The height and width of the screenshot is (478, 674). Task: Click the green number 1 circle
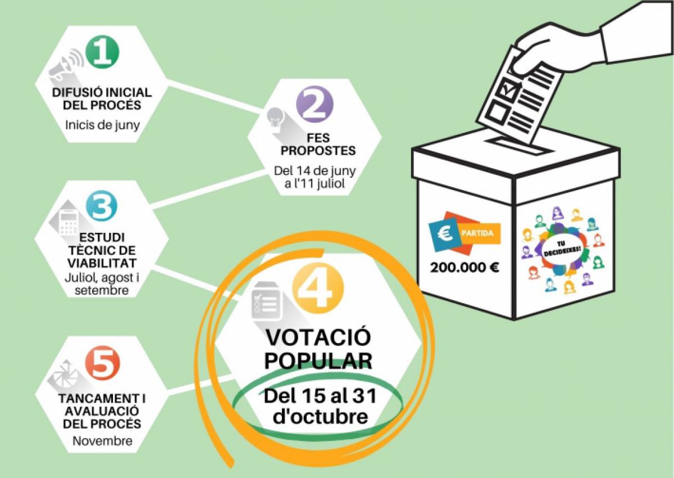click(102, 51)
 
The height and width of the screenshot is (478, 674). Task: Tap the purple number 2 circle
click(315, 104)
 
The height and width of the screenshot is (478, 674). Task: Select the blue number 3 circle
click(102, 207)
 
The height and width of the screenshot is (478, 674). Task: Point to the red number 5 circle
click(102, 364)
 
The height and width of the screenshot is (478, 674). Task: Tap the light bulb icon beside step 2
click(276, 116)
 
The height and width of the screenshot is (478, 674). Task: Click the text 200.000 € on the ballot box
click(464, 267)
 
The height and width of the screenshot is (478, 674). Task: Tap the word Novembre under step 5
click(102, 440)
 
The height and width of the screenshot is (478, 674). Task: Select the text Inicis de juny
click(102, 124)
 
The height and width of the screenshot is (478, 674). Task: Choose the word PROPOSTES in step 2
click(318, 151)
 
